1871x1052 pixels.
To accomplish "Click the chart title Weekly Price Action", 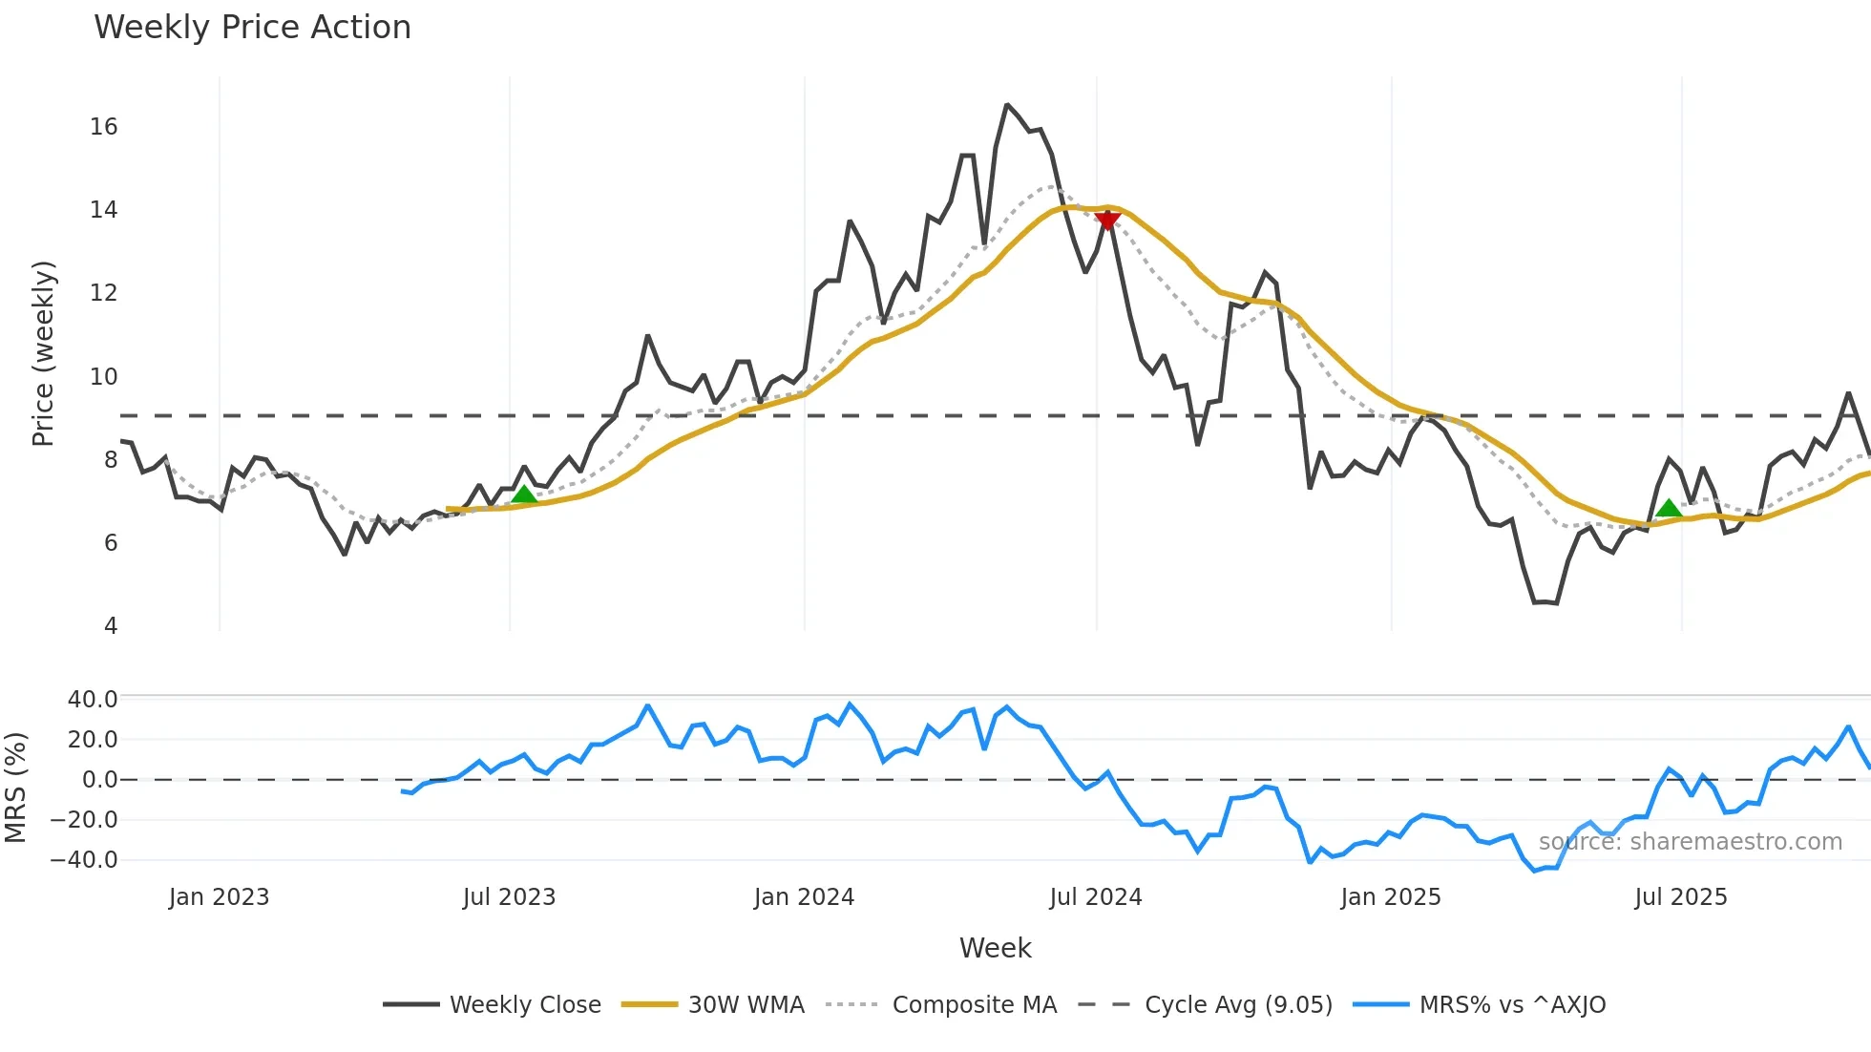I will tap(252, 28).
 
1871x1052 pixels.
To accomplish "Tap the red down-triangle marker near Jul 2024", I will tap(1107, 221).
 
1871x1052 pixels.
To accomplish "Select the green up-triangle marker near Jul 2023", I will tap(524, 494).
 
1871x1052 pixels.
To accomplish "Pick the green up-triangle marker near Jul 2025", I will tap(1668, 508).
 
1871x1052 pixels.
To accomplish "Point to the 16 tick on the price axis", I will tap(103, 127).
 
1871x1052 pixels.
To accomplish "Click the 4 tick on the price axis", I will tap(111, 626).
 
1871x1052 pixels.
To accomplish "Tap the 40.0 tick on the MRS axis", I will tap(93, 700).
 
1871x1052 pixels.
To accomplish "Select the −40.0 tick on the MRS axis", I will tap(84, 860).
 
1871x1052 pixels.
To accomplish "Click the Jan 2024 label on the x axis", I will tap(804, 897).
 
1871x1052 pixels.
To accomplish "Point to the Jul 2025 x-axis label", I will tap(1680, 897).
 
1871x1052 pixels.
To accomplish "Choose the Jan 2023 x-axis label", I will tap(219, 897).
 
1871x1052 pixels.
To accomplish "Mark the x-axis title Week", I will tap(995, 948).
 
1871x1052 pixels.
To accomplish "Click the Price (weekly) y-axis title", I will tap(43, 353).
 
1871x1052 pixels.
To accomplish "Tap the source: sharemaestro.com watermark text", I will tap(1690, 842).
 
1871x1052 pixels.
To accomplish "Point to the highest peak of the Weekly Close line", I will tap(1006, 105).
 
